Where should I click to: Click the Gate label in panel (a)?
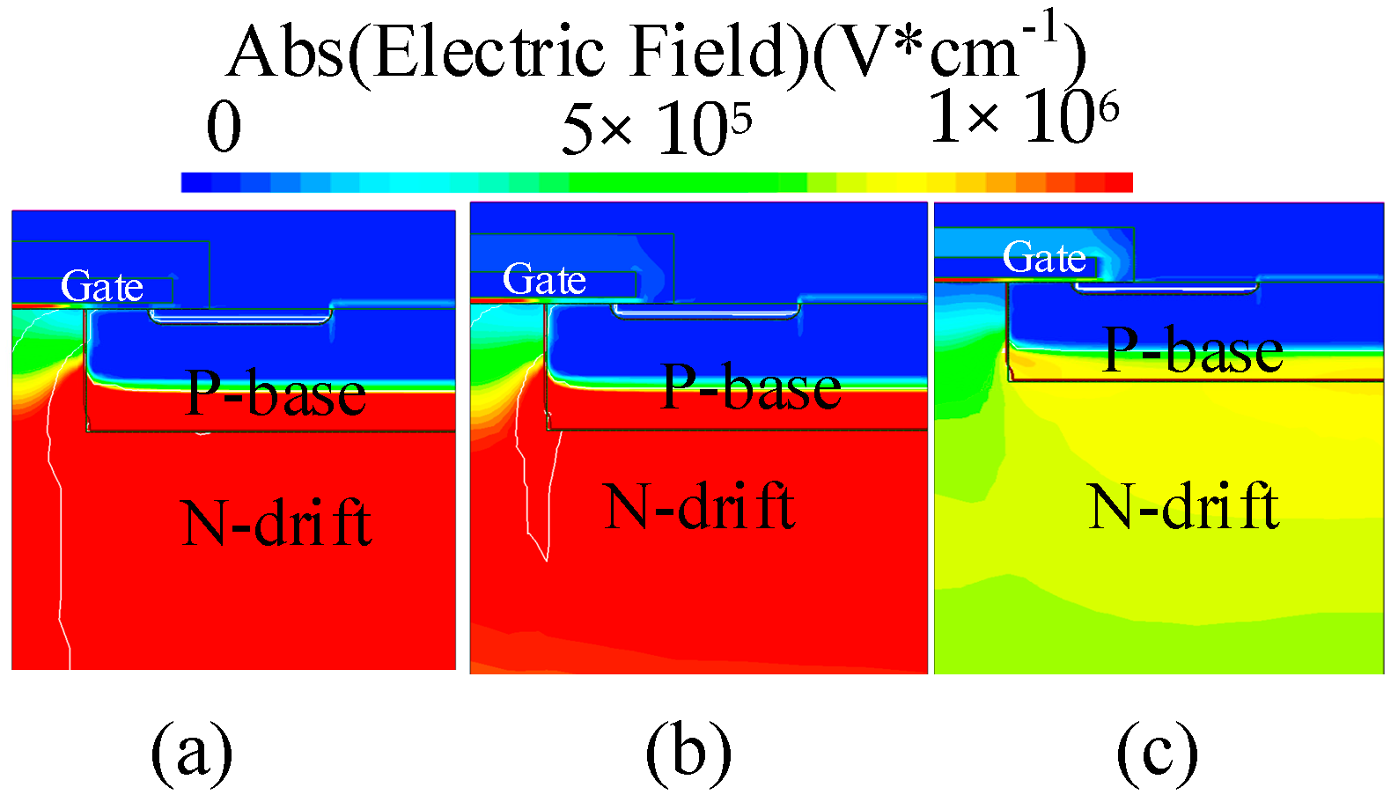102,287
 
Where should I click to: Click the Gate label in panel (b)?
544,280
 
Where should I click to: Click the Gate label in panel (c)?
1044,258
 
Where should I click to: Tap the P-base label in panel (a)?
276,394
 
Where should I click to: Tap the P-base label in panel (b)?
751,387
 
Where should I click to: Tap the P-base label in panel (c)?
1193,350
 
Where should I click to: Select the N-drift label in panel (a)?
276,523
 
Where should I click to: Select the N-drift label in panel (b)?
701,507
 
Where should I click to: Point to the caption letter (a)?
191,753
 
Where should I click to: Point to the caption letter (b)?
688,753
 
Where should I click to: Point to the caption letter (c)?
1157,753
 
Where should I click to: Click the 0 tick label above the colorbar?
224,129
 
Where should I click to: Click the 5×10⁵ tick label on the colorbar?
656,129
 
